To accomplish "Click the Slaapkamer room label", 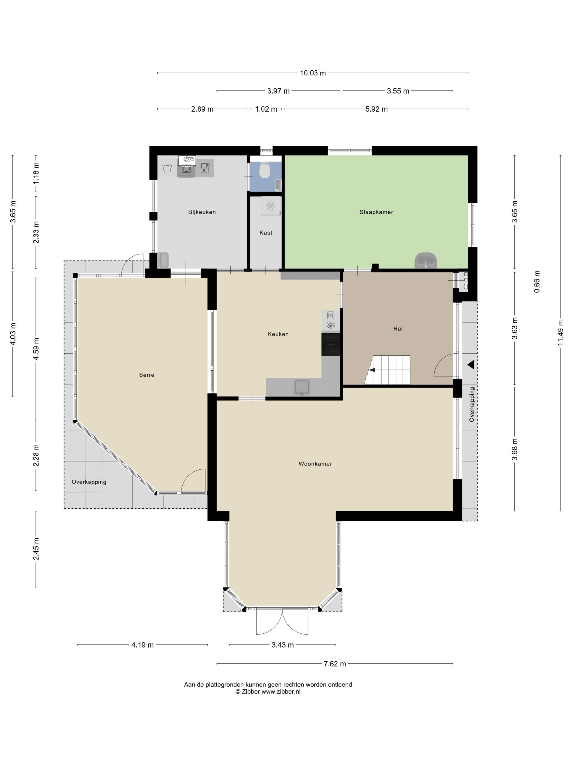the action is [x=376, y=212].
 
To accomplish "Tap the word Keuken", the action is [x=278, y=334].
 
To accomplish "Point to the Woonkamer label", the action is [x=315, y=464].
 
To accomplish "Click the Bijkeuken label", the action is [x=202, y=212].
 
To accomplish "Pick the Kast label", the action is [x=265, y=233].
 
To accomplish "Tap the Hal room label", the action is [x=398, y=329].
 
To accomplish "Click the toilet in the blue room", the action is [x=265, y=170].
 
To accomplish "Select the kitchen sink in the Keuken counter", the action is [x=302, y=387].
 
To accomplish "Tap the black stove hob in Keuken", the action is [x=330, y=344].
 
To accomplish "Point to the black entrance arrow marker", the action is [x=471, y=365].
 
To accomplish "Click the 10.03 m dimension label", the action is [x=313, y=73].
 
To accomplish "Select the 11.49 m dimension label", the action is [x=560, y=333].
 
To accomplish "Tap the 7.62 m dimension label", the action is [x=335, y=664].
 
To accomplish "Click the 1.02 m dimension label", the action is [x=266, y=109].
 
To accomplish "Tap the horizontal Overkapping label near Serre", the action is [x=89, y=482].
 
